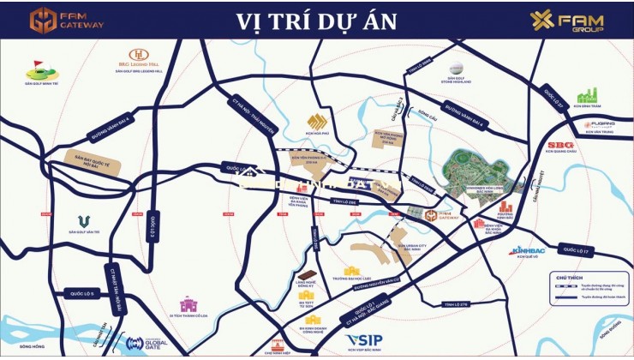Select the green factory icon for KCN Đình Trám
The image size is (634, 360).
point(587,95)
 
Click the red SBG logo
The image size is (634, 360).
point(560,145)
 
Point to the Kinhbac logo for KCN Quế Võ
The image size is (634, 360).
point(523,251)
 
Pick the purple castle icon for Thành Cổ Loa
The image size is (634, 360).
point(188,305)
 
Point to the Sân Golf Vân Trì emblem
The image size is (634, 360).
point(84,223)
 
